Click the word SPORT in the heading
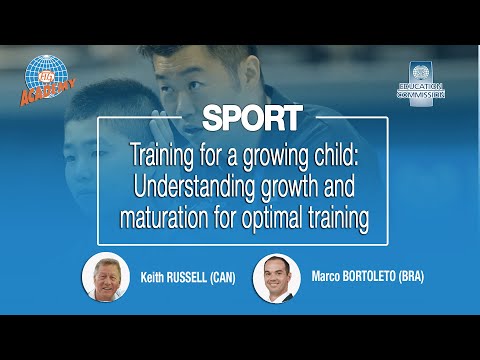click(x=252, y=118)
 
